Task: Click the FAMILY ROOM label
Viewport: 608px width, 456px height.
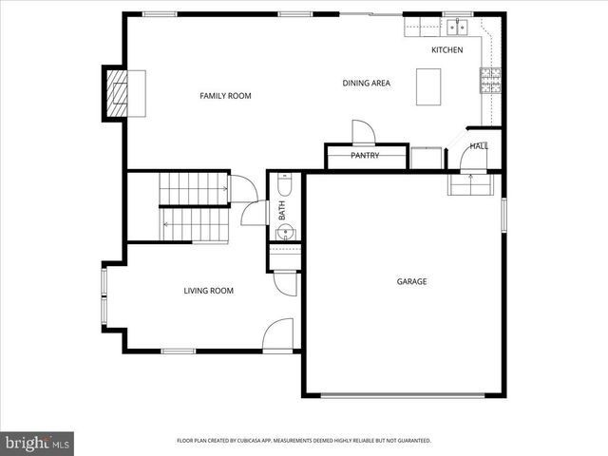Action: tap(225, 95)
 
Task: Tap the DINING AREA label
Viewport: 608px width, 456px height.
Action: tap(366, 83)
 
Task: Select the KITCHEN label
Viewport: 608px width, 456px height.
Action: tap(446, 49)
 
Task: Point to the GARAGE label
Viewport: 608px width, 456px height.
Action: tap(411, 281)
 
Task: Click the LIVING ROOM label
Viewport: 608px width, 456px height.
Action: tap(208, 291)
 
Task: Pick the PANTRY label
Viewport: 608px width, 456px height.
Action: tap(365, 155)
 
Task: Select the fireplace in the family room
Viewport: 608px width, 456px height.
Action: tap(121, 92)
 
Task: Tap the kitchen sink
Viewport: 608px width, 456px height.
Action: tap(457, 25)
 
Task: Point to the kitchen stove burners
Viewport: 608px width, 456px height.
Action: tap(490, 82)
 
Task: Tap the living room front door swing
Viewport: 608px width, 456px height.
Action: tap(277, 334)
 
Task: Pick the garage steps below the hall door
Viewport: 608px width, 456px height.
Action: tap(469, 183)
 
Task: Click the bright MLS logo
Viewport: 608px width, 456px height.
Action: tap(38, 443)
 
